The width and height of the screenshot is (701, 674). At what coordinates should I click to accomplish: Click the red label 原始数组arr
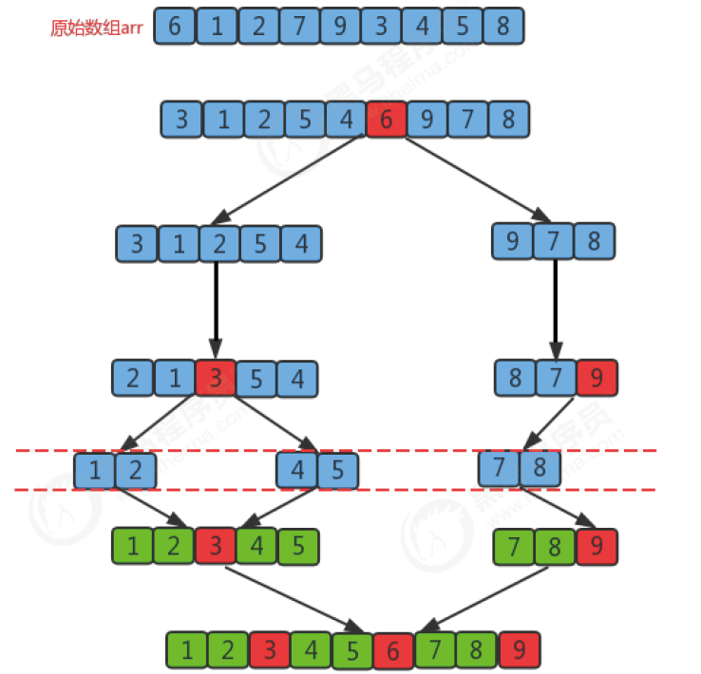click(x=96, y=28)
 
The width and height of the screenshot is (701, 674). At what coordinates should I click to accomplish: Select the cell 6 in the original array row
click(x=174, y=27)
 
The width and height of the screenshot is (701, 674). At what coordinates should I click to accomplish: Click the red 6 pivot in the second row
click(x=387, y=121)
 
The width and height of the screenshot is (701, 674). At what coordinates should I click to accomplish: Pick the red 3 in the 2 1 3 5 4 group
click(x=216, y=380)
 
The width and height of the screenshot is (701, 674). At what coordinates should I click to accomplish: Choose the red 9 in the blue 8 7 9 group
click(x=597, y=380)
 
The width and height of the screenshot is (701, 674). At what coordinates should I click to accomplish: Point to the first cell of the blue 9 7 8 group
click(x=513, y=242)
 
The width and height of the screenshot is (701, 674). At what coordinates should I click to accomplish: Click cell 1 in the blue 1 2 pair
click(x=95, y=469)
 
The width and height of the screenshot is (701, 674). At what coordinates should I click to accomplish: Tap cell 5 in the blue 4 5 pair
click(x=338, y=469)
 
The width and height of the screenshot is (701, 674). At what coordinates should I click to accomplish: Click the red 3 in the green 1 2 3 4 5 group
click(x=217, y=546)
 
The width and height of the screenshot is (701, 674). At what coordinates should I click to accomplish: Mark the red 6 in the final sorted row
click(x=392, y=650)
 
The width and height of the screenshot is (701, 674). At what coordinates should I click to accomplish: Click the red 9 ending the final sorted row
click(x=519, y=650)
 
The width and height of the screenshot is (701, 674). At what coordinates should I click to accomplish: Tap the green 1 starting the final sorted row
click(x=187, y=650)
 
